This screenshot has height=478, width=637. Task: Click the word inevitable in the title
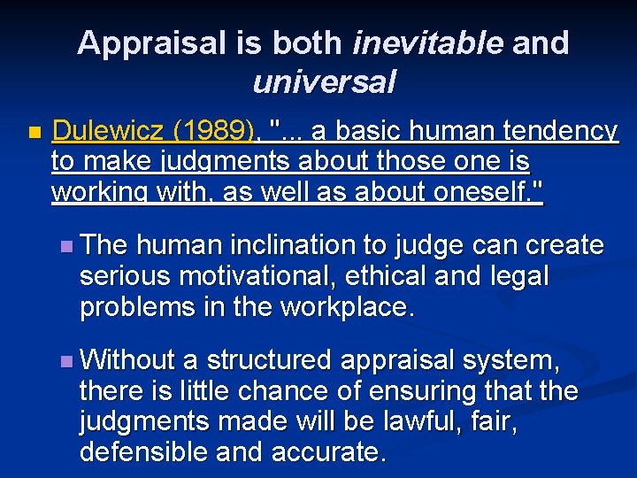[427, 42]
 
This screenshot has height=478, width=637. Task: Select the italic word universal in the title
[323, 81]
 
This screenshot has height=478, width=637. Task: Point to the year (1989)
[213, 132]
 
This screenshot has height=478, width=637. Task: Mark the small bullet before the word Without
[68, 361]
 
